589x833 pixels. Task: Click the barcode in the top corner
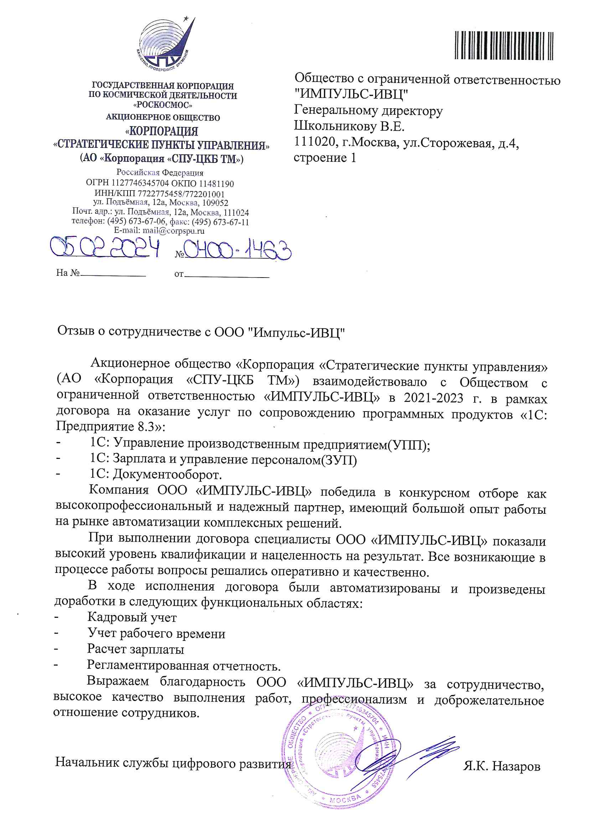504,45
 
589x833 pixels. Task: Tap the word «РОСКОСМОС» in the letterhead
163,105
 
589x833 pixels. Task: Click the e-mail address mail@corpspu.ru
173,231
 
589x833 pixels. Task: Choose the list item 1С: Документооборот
156,475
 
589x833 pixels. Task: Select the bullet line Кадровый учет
132,617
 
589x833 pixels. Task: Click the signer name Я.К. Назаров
501,766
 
